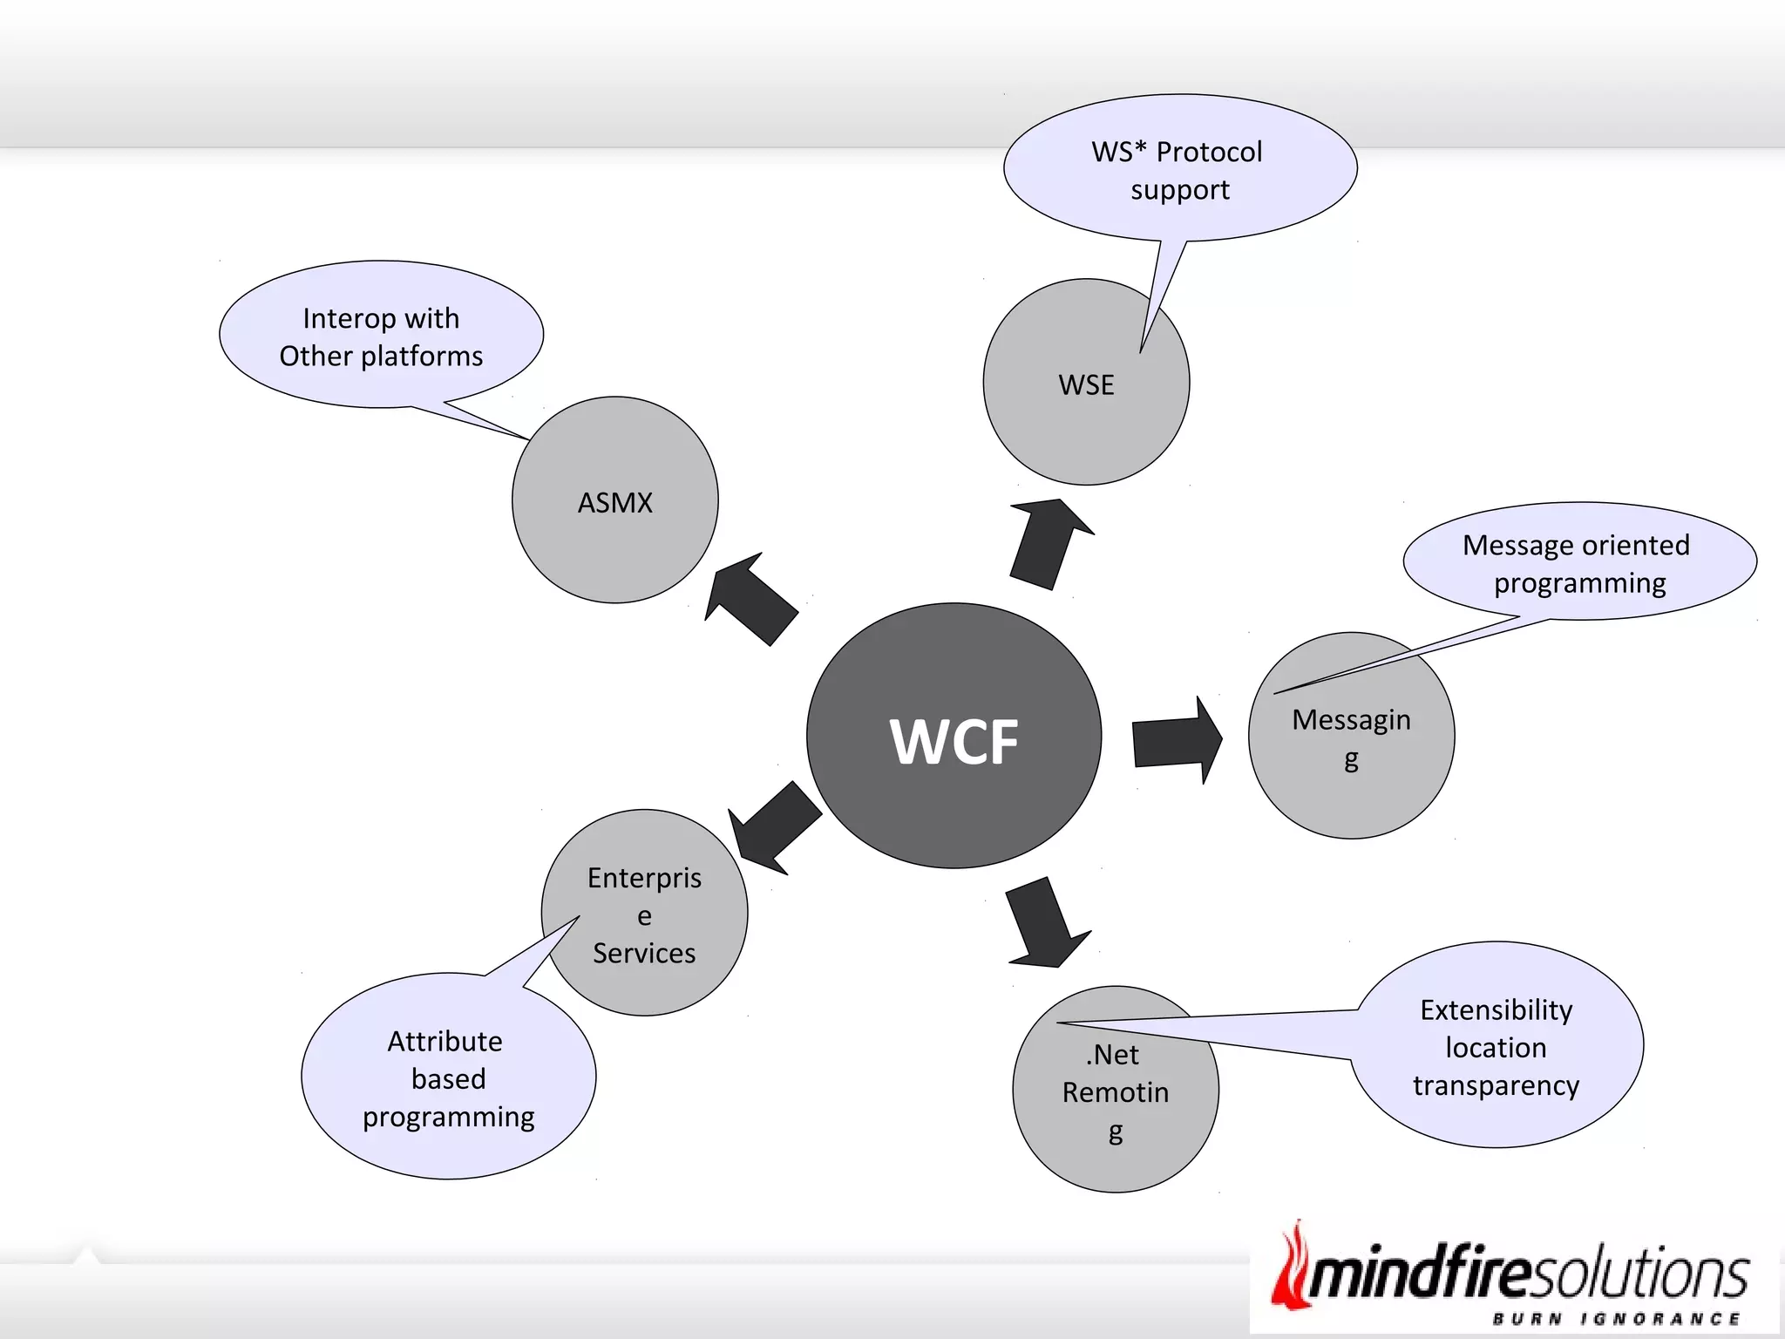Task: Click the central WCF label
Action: tap(954, 741)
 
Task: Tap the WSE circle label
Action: tap(1086, 384)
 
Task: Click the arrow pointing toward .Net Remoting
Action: tap(1045, 924)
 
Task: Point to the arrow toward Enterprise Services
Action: tap(773, 828)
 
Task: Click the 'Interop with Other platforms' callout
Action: tap(381, 336)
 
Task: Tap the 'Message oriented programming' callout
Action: tap(1578, 563)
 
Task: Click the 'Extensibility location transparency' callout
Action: tap(1497, 1047)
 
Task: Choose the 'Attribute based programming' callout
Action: tap(448, 1078)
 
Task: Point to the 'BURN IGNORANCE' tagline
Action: tap(1616, 1319)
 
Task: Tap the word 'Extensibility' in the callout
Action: tap(1497, 1009)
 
